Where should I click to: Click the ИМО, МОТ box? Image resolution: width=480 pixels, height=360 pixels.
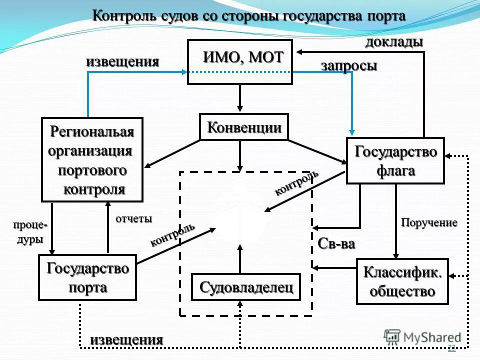pos(239,61)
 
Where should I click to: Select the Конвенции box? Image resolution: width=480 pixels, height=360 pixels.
pos(244,127)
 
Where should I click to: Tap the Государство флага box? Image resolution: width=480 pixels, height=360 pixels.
pos(395,160)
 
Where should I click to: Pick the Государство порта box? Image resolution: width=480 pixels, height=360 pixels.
pos(87,277)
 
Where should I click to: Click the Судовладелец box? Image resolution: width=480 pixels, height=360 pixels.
pos(246,287)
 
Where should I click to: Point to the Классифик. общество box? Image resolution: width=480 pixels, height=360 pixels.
pos(402,281)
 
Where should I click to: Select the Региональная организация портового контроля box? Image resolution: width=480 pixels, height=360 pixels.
pos(92,159)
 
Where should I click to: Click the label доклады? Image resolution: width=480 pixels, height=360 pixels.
pos(394,42)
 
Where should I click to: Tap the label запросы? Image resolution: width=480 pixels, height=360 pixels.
pos(348,66)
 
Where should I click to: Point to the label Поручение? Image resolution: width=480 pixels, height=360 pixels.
pos(429,223)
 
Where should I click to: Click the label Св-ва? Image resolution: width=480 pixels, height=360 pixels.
pos(336,244)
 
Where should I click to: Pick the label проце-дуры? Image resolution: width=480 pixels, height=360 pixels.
pos(30,232)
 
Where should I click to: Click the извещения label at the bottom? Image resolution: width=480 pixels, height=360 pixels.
pos(126,339)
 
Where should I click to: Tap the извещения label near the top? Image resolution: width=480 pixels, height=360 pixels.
pos(122,62)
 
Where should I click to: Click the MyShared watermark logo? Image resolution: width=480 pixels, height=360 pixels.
pos(423,337)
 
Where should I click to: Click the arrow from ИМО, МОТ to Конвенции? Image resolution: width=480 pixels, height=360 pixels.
pos(240,98)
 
